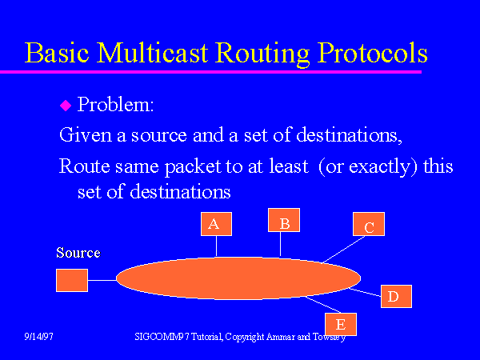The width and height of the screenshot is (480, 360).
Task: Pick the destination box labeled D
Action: point(394,296)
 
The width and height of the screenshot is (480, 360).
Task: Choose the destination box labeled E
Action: point(340,323)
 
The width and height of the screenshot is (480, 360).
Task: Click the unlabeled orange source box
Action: point(72,280)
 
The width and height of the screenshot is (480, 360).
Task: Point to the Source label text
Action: point(78,253)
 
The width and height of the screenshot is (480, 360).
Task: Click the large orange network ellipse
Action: point(238,278)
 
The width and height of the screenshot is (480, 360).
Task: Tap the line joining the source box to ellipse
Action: point(102,280)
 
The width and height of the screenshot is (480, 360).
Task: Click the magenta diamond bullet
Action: point(66,106)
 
